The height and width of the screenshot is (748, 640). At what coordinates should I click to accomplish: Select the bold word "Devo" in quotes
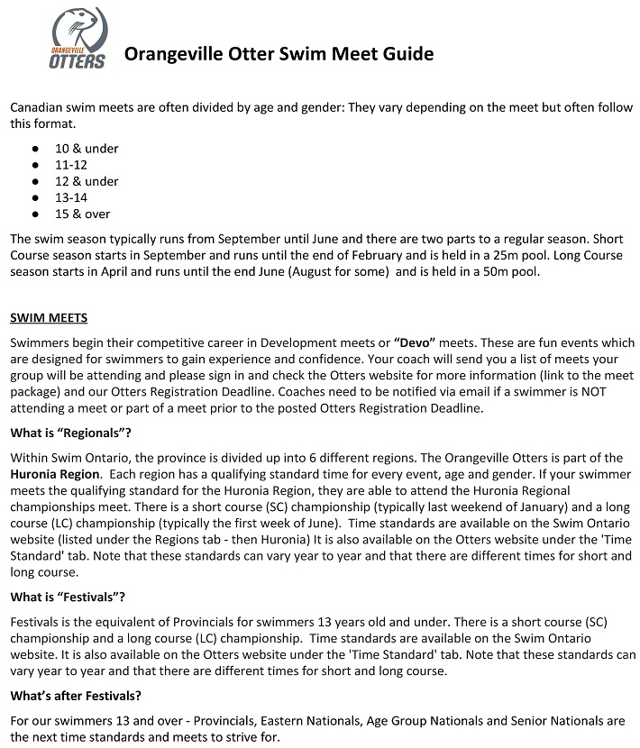tap(415, 342)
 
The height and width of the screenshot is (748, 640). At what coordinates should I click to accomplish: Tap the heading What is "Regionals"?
tap(70, 433)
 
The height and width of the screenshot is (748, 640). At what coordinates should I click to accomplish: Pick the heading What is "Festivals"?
tap(68, 597)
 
